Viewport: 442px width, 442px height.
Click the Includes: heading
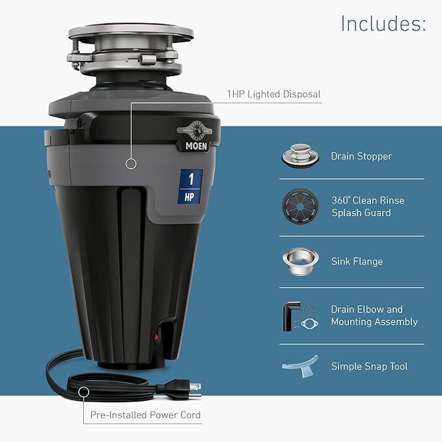pyautogui.click(x=383, y=24)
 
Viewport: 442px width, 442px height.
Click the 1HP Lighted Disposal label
pyautogui.click(x=273, y=94)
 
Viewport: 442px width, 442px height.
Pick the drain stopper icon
pyautogui.click(x=299, y=156)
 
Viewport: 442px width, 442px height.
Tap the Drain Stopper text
pyautogui.click(x=361, y=156)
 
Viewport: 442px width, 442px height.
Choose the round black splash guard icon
pyautogui.click(x=299, y=206)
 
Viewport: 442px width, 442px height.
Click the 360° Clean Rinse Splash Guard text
pyautogui.click(x=367, y=206)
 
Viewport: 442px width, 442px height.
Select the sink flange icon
pyautogui.click(x=299, y=259)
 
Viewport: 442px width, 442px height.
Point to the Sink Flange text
pyautogui.click(x=357, y=261)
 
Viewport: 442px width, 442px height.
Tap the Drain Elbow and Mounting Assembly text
pyautogui.click(x=374, y=316)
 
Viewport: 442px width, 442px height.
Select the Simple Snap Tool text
pyautogui.click(x=369, y=366)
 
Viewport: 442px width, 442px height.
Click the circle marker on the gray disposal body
pyautogui.click(x=131, y=164)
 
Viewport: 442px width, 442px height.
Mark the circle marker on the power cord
pyautogui.click(x=84, y=392)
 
